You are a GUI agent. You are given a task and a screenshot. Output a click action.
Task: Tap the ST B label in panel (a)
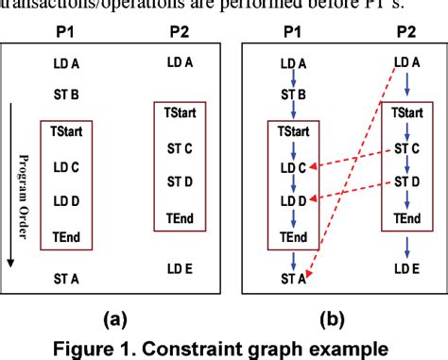(x=67, y=94)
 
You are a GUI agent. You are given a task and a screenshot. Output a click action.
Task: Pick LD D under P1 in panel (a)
(x=67, y=200)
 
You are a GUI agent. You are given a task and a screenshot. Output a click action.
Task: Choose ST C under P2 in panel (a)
(x=180, y=148)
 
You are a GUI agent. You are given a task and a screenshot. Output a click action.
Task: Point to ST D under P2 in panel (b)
(x=406, y=180)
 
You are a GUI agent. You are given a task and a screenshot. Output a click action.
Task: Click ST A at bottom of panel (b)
(x=292, y=277)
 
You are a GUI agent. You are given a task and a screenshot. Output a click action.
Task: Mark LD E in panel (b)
(x=406, y=270)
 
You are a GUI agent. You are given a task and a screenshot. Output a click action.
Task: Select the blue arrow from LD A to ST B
(x=293, y=79)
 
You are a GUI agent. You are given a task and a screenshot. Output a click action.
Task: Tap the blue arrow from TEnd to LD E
(x=406, y=247)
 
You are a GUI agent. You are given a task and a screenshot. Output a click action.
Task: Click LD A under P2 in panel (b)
(x=406, y=62)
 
